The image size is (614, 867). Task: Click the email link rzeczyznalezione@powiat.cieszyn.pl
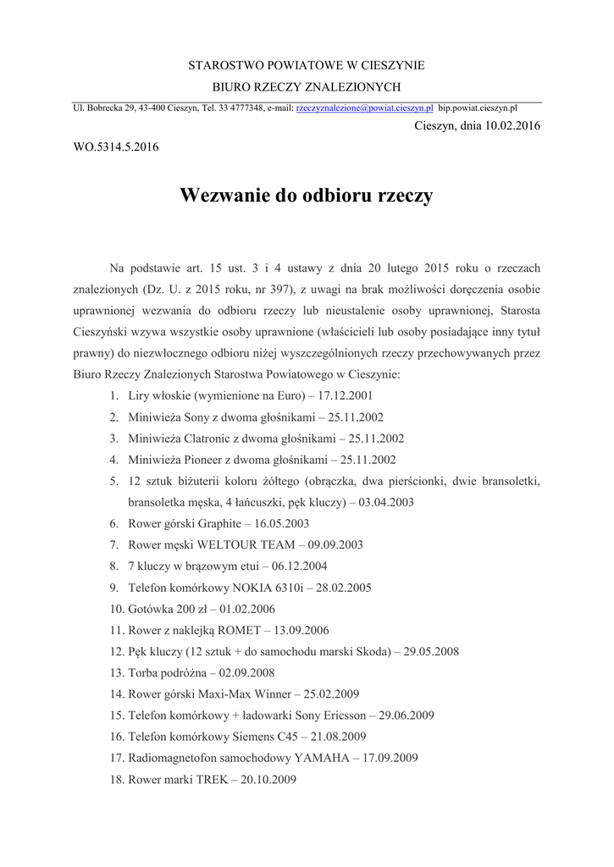[x=364, y=108]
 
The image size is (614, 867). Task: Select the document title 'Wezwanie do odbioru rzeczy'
[x=306, y=196]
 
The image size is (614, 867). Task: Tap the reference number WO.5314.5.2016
[x=116, y=146]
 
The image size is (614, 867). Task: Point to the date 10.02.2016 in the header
[x=512, y=126]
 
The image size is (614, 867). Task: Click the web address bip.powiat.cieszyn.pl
[x=478, y=108]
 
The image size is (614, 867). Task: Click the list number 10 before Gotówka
[x=117, y=609]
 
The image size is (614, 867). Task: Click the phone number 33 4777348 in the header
[x=241, y=108]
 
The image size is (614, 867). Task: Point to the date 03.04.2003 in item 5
[x=386, y=502]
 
